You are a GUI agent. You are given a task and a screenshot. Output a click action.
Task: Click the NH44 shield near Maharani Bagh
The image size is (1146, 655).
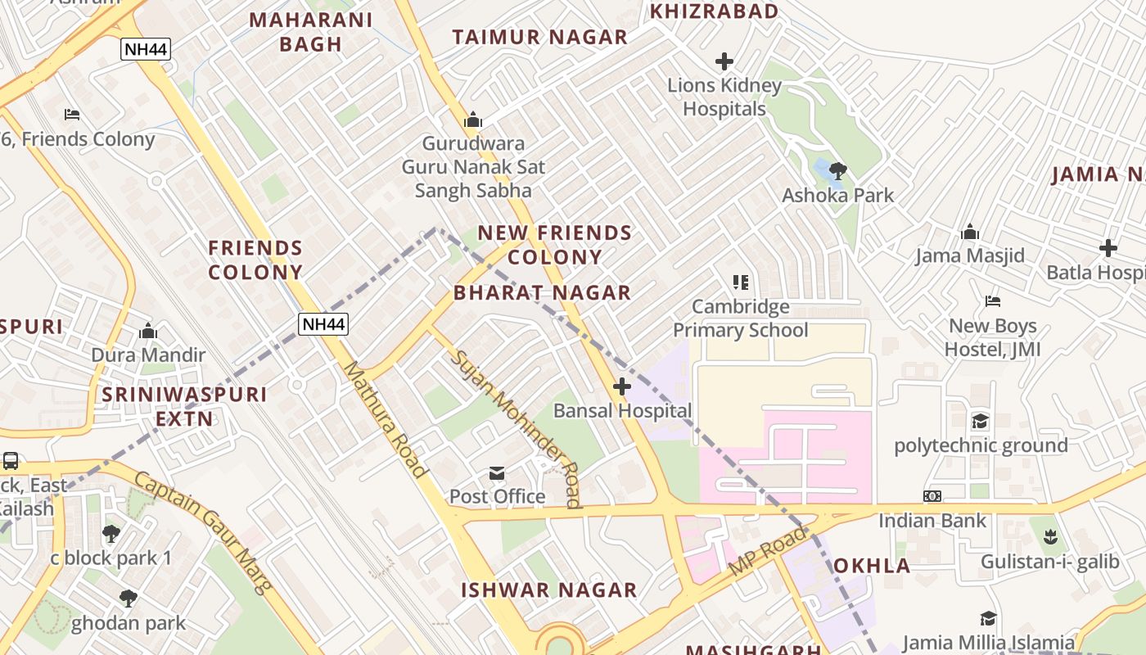[x=146, y=49]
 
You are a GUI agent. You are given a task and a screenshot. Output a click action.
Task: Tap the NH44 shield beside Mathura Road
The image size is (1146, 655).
[x=323, y=324]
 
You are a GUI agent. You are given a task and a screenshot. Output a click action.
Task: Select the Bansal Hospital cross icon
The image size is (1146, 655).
[x=622, y=386]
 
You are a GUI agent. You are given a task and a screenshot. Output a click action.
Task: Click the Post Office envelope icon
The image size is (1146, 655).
[x=497, y=473]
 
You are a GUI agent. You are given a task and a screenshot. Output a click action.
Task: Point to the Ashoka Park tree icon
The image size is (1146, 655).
[x=837, y=171]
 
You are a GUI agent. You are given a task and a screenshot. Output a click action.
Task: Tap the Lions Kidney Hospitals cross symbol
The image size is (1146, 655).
[x=724, y=61]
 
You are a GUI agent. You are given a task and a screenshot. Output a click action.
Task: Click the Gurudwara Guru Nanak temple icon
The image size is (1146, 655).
[x=473, y=120]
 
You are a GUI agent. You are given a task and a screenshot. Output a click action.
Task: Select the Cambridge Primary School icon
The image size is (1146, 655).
[x=741, y=283]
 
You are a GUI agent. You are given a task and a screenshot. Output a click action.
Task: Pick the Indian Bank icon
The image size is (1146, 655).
[x=932, y=496]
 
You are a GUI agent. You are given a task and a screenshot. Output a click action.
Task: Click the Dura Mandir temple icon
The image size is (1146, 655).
[x=148, y=331]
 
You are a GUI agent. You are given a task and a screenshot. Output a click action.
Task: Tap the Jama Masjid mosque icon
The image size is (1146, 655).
[x=970, y=232]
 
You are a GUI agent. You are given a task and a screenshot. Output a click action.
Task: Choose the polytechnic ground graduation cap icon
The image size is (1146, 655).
[x=980, y=422]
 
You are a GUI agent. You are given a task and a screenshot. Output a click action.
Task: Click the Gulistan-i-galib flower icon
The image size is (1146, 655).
[x=1049, y=538]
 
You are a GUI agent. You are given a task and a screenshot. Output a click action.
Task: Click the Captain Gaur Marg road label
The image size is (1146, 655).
[x=202, y=532]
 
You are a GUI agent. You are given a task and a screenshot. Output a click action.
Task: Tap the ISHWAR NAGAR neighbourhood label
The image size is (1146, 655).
[x=548, y=590]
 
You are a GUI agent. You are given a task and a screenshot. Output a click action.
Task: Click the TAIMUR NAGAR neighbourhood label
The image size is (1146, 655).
[x=539, y=37]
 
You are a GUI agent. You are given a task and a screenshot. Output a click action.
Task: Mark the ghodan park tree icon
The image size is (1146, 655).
[x=128, y=599]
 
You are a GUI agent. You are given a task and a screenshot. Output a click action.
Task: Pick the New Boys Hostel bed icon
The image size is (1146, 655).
[x=993, y=302]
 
